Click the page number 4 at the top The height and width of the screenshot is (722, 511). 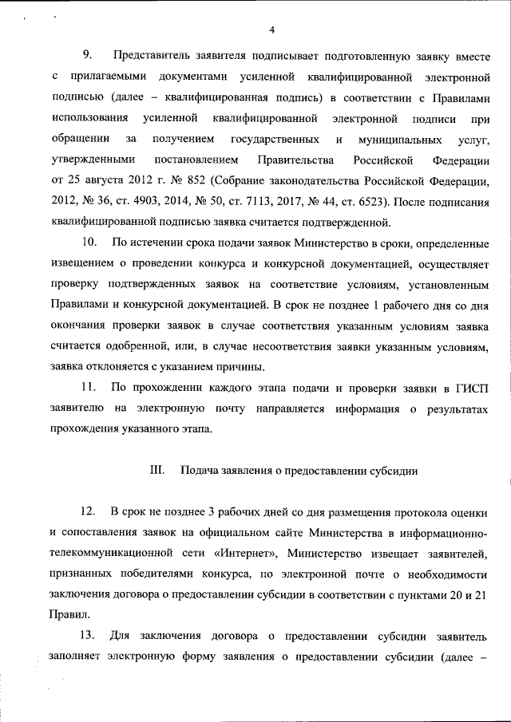[x=272, y=30]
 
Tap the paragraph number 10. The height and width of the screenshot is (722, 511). [x=90, y=241]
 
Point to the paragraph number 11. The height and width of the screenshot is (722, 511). [x=89, y=387]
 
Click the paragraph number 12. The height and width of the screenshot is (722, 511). [x=89, y=510]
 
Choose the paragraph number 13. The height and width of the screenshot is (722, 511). [x=89, y=636]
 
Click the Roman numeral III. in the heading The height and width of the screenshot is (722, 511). [x=156, y=470]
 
